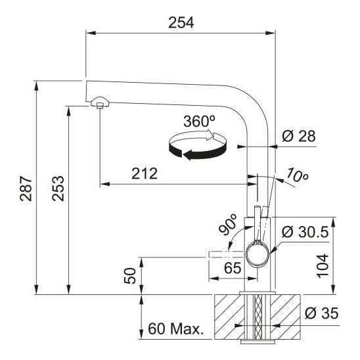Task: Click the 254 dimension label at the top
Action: (181, 23)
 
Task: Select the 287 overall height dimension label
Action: (26, 189)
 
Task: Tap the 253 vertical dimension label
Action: (58, 189)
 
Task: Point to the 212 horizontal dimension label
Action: (145, 173)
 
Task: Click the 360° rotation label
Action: (200, 122)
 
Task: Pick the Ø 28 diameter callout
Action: (299, 136)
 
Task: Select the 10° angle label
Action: (298, 175)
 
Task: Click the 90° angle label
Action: (227, 225)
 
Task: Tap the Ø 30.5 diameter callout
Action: (305, 232)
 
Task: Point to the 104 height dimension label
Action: (323, 266)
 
